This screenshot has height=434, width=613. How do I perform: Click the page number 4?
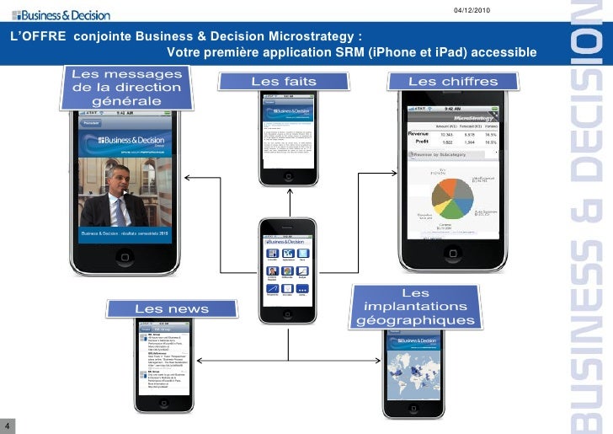pyautogui.click(x=6, y=423)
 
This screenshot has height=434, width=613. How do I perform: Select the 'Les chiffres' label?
pyautogui.click(x=453, y=82)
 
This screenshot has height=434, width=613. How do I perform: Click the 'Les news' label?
pyautogui.click(x=172, y=309)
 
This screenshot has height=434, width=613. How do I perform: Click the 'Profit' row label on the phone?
pyautogui.click(x=420, y=142)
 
